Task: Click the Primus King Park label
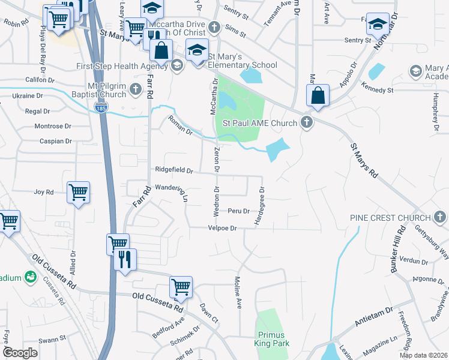click(273, 339)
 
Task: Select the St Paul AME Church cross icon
click(307, 124)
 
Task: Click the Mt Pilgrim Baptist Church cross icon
click(136, 90)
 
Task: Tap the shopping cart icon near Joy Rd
click(78, 193)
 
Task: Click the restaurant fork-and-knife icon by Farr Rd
click(125, 259)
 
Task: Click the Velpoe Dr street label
click(223, 229)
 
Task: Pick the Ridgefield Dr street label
click(173, 170)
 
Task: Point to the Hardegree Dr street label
click(259, 207)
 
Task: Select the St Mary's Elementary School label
click(243, 65)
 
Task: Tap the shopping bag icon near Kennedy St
click(318, 95)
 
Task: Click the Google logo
click(20, 353)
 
